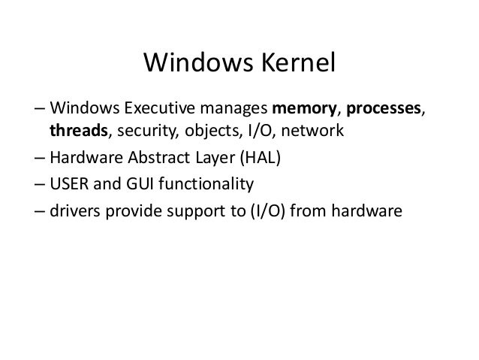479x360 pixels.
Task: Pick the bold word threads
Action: pos(80,132)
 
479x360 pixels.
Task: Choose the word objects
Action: pos(207,132)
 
